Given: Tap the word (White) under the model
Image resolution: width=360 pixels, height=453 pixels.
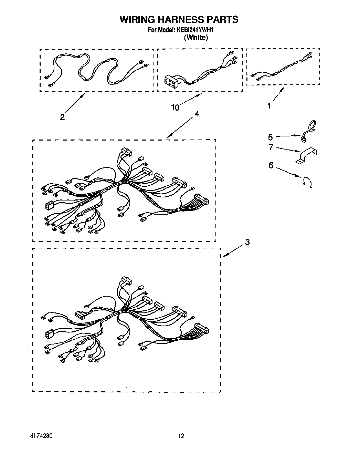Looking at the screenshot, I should pos(196,38).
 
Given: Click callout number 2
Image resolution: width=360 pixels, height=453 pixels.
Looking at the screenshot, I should pos(62,117).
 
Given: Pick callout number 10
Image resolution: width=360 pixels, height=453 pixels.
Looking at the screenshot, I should pos(175,108).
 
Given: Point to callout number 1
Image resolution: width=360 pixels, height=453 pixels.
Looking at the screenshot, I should pos(269,106).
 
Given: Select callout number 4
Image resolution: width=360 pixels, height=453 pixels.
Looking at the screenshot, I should pos(197,114).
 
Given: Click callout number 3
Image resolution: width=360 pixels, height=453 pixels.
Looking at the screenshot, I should pos(247,243).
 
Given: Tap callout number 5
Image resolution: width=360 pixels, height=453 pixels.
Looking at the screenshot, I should pos(271,137).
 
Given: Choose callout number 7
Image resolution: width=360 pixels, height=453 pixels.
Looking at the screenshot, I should pos(271,147).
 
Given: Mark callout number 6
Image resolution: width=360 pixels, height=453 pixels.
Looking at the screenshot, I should pos(271,166).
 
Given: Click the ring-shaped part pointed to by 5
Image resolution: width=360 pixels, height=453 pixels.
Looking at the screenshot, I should pos(309,129).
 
